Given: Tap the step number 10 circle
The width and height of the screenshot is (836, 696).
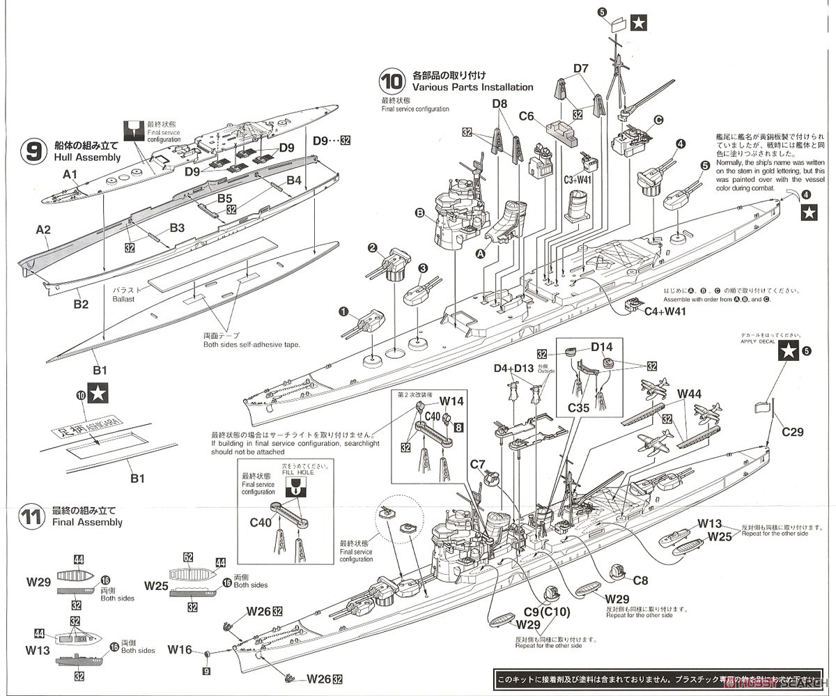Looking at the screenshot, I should point(392,82).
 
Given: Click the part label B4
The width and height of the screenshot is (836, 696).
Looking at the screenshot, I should point(293,180).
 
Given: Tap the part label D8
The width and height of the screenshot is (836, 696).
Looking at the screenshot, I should point(500,104).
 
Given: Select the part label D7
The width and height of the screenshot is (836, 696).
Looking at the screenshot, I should point(581,68).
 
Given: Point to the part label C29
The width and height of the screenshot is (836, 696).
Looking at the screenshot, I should point(792,432).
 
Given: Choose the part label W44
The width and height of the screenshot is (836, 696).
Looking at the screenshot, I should point(690,394).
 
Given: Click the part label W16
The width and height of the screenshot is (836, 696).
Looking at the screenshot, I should point(179,650).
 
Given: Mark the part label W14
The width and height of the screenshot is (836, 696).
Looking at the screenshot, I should point(451,401).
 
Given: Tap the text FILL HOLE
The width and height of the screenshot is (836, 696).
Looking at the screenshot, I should point(297,472).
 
